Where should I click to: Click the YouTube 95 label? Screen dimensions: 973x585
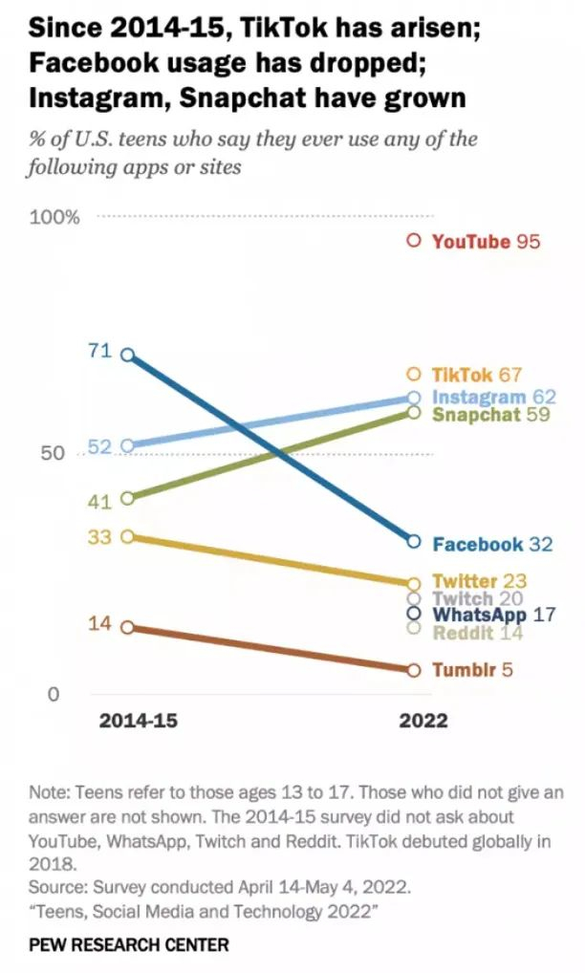pos(486,241)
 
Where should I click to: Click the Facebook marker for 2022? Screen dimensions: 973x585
pos(413,541)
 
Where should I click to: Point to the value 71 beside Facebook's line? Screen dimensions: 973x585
pos(100,352)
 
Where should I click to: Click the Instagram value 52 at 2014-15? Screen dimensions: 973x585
pos(99,446)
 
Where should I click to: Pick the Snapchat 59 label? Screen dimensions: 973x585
pos(489,415)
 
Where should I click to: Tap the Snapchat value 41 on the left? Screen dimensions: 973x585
pos(100,500)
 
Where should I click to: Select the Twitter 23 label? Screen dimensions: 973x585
pos(479,581)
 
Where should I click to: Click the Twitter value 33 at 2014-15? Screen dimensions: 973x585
pos(100,537)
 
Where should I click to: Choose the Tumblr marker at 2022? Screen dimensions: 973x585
pos(413,670)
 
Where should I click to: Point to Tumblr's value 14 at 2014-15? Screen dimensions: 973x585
pos(100,624)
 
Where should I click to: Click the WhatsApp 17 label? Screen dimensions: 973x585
pos(493,615)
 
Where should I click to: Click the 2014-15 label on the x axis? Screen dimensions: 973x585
pos(138,721)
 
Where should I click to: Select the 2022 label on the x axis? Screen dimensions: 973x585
pos(422,721)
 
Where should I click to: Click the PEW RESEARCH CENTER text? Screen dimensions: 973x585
pos(129,945)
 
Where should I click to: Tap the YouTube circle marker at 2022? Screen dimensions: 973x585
pos(413,241)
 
